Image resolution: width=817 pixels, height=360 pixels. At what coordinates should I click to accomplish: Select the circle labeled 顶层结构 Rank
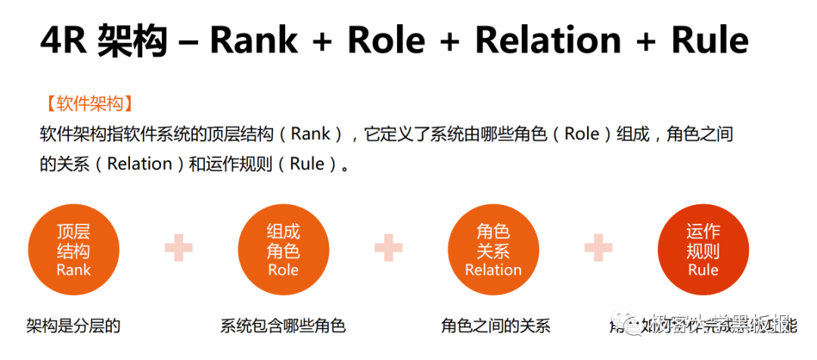(73, 250)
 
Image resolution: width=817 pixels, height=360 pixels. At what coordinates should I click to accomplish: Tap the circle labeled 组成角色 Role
(283, 250)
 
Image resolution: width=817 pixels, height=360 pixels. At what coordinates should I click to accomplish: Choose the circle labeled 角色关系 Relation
(493, 250)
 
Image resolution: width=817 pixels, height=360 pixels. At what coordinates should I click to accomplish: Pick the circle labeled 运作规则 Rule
(703, 250)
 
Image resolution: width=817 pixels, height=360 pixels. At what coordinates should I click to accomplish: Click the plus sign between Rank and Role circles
(179, 247)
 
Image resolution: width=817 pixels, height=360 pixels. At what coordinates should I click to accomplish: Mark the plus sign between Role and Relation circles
(388, 247)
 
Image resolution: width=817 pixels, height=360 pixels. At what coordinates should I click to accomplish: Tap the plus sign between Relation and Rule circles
(598, 247)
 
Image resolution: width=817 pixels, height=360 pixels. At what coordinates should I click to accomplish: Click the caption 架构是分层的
(73, 326)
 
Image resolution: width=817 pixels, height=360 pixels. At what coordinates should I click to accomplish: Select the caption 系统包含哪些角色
(283, 326)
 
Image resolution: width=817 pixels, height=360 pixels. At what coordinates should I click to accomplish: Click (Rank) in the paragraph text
(311, 135)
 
